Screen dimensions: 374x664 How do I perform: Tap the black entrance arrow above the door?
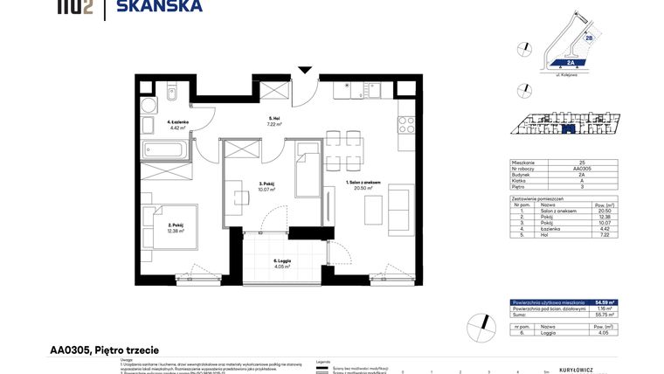(x=304, y=70)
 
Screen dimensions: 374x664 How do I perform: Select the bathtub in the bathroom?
(x=163, y=149)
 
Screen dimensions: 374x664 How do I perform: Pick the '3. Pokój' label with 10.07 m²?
(x=266, y=185)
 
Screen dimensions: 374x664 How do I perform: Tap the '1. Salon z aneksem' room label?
(x=359, y=184)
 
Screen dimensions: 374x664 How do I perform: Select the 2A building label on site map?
(x=569, y=63)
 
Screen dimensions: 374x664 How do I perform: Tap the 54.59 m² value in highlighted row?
(x=605, y=302)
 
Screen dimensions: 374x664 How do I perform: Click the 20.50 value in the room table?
(x=604, y=211)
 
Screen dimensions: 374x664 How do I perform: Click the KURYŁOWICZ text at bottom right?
(x=576, y=370)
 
